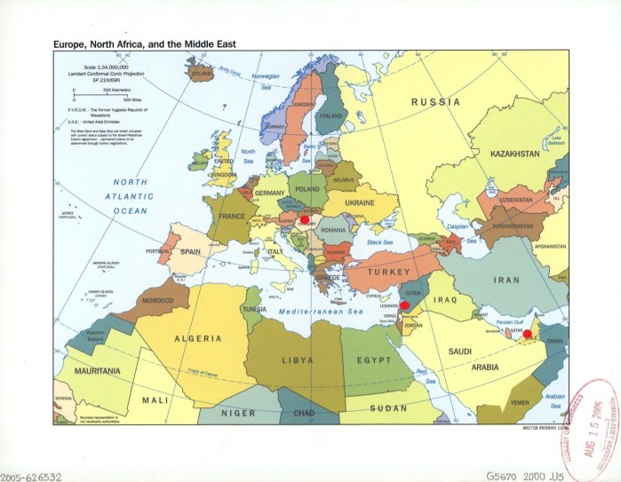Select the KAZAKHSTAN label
point(514,154)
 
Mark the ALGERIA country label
point(197,339)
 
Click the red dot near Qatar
point(527,335)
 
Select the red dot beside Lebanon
point(404,304)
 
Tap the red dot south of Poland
point(305,217)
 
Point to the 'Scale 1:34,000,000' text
point(106,67)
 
